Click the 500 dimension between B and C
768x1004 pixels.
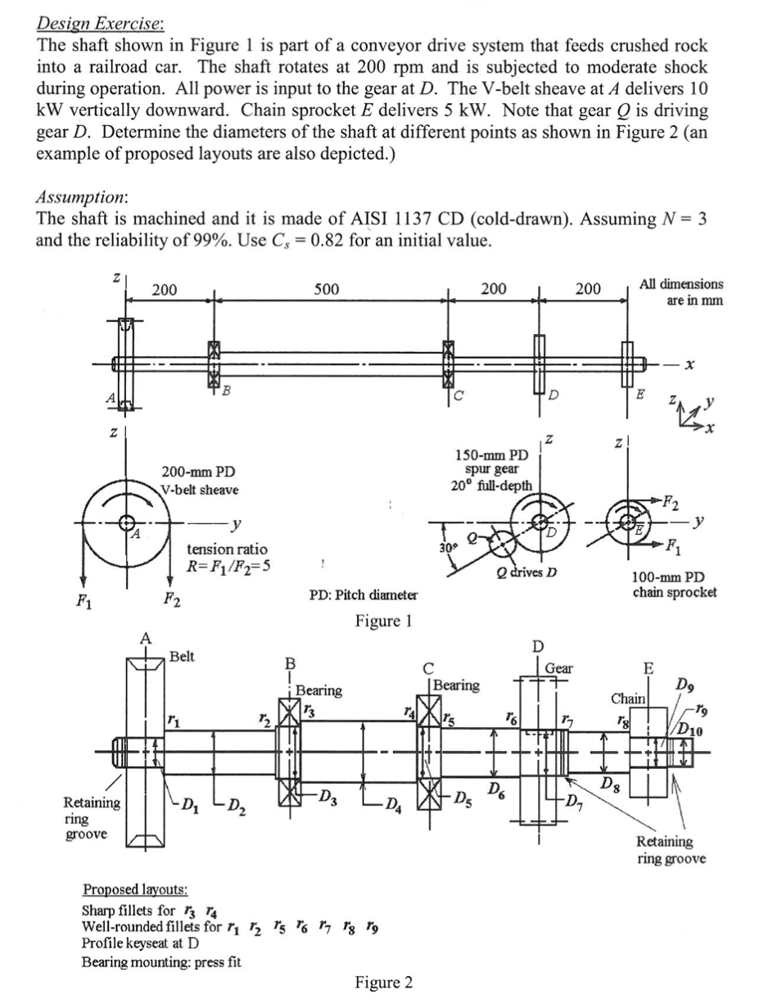(325, 287)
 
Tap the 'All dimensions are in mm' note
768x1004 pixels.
(682, 292)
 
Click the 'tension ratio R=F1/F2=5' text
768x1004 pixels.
(227, 558)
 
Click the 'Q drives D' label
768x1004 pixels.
(527, 571)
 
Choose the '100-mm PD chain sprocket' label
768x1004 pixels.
(675, 583)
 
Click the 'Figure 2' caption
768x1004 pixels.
(383, 982)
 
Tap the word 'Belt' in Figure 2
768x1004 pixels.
(182, 656)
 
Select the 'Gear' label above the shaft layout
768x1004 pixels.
(560, 669)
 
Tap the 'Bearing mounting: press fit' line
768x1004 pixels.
(161, 961)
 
